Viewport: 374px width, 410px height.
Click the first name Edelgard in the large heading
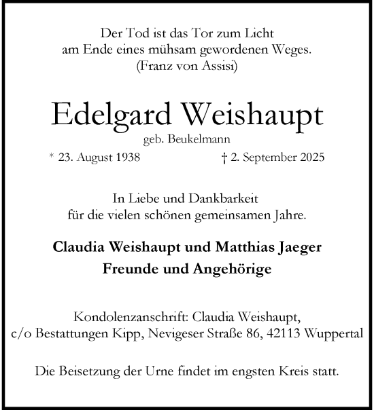[100, 115]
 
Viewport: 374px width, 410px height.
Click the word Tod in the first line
[133, 33]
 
